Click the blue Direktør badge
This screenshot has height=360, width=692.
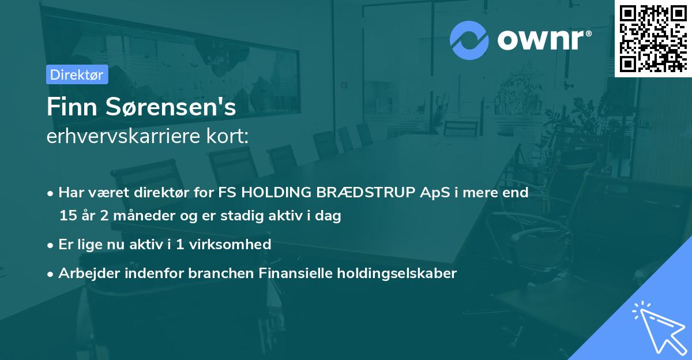(77, 74)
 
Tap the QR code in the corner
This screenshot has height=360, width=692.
(653, 39)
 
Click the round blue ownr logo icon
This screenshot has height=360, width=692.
(469, 40)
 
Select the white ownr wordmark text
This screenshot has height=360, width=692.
(541, 40)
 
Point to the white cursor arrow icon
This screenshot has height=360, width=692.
(660, 328)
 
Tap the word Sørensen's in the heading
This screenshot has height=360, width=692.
(171, 107)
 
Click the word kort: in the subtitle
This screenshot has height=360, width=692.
(227, 136)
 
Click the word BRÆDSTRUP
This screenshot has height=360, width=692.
(366, 192)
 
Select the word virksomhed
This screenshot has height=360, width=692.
(230, 244)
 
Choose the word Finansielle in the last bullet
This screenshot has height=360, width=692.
(295, 273)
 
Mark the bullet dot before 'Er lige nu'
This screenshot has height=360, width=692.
(50, 246)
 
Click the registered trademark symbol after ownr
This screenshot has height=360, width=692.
(588, 33)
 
